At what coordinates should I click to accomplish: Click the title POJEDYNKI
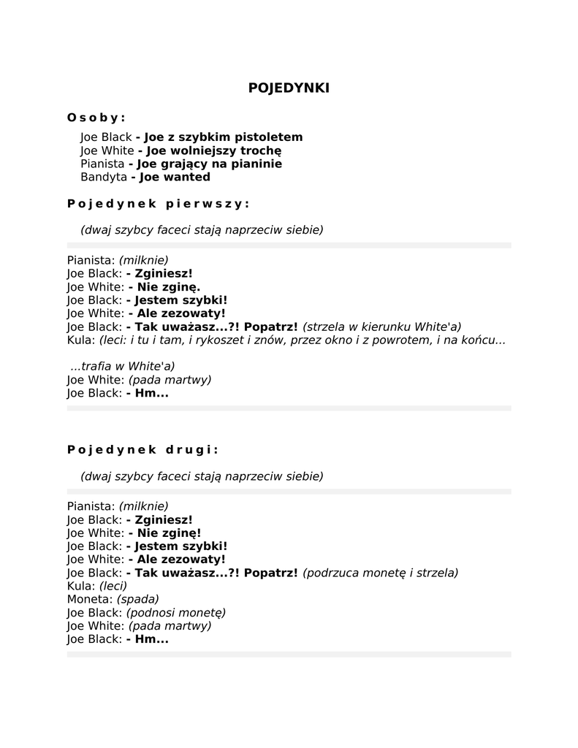point(289,88)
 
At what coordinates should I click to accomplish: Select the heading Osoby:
point(96,117)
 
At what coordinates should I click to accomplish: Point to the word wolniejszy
point(215,150)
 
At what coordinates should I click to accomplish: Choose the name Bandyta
point(103,177)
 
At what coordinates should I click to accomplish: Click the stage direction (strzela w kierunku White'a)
point(381,327)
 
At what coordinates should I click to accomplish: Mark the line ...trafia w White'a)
point(123,367)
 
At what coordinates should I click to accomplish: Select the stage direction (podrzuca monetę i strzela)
point(380,573)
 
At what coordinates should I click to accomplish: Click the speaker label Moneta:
point(90,599)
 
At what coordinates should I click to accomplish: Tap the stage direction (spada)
point(138,599)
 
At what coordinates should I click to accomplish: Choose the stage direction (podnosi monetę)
point(176,612)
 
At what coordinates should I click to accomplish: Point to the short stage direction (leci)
point(113,586)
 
